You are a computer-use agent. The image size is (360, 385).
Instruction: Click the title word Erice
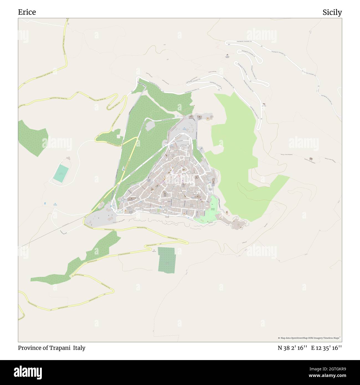[x=27, y=12]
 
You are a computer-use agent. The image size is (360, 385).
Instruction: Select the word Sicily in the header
[x=332, y=12]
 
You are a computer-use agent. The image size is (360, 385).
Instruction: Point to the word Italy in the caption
[x=79, y=348]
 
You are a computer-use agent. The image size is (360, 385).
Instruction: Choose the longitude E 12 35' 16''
[x=326, y=348]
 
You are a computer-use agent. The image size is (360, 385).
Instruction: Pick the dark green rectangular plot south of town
[x=166, y=260]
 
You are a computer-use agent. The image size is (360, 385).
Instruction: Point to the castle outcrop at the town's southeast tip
[x=237, y=224]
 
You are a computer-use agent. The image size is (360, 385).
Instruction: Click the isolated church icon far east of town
[x=311, y=159]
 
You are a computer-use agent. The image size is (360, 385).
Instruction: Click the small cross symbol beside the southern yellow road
[x=154, y=250]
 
